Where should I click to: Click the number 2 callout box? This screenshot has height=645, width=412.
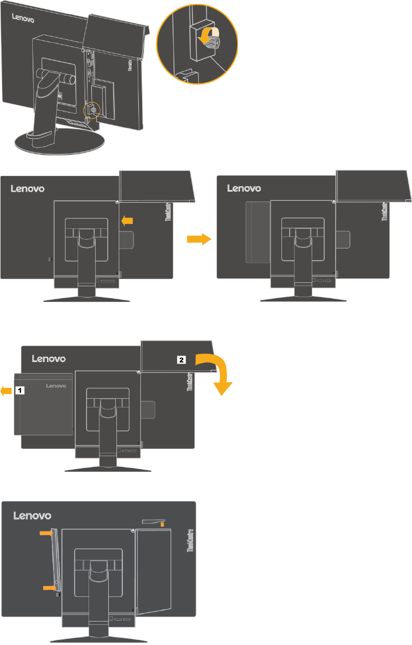(x=181, y=359)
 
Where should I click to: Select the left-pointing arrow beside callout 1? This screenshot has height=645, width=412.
(x=7, y=390)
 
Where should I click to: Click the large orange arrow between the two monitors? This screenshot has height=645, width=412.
(x=198, y=239)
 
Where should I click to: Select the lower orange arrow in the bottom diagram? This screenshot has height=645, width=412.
(x=50, y=587)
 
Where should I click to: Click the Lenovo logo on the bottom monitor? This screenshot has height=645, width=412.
(x=32, y=515)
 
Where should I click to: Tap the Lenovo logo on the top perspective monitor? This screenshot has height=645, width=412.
(x=23, y=19)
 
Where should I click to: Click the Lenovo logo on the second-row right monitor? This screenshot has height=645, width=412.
(x=245, y=188)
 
